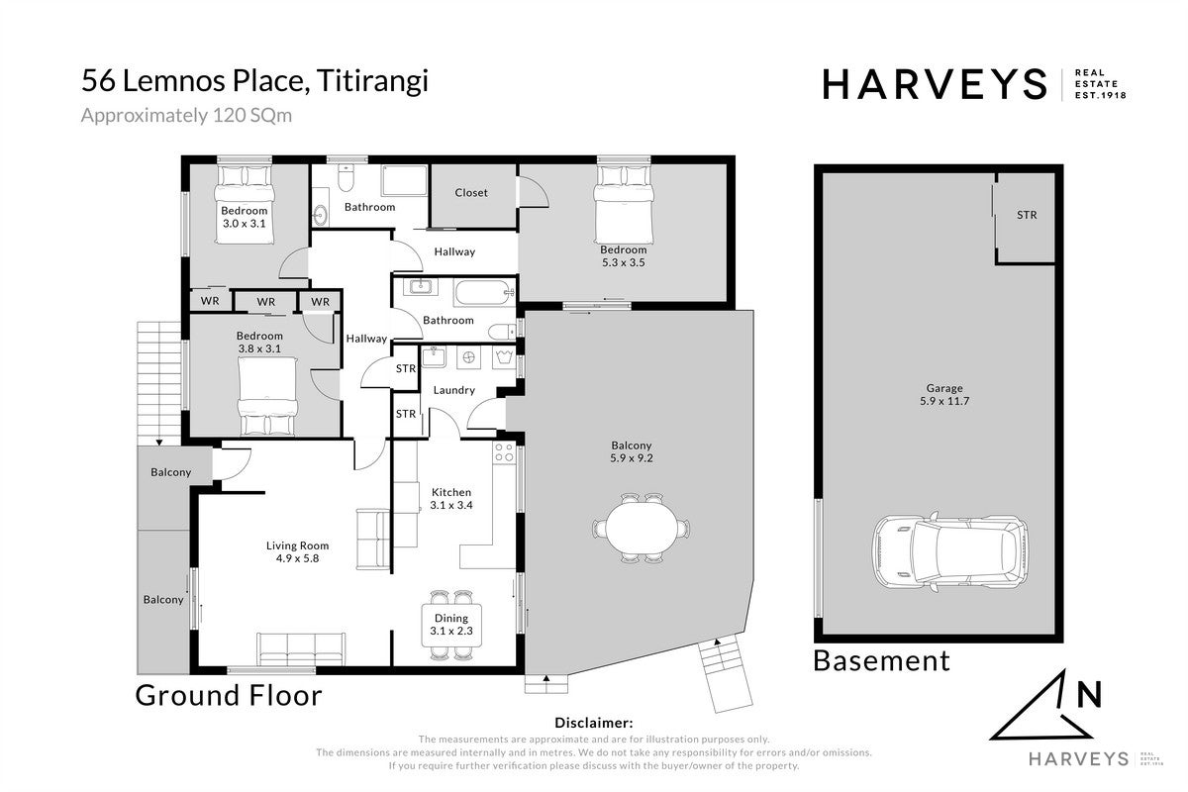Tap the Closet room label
tap(471, 193)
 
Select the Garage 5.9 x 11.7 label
tap(944, 395)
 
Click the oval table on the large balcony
tap(642, 529)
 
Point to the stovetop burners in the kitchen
tap(504, 452)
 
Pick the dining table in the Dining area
tap(451, 625)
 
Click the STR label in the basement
tap(1027, 215)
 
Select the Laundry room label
tap(454, 390)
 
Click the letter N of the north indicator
tap(1090, 694)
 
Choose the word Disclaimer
tap(593, 723)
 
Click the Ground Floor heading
tap(229, 695)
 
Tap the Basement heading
tap(881, 661)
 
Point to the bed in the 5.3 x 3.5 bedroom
tap(623, 204)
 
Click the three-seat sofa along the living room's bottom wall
tap(301, 648)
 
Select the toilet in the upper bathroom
tap(346, 178)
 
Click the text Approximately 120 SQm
tap(186, 116)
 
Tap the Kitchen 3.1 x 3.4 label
tap(450, 499)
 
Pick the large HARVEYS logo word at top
tap(935, 84)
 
